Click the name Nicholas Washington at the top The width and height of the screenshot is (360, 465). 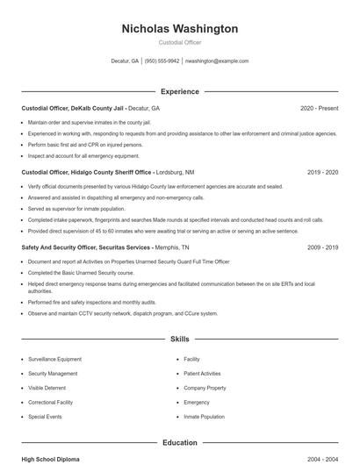click(179, 29)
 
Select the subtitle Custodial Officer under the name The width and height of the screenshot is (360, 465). click(179, 42)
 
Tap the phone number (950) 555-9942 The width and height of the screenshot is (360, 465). click(162, 61)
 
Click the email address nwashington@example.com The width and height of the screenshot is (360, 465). click(217, 61)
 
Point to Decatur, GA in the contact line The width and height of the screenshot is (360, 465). click(125, 61)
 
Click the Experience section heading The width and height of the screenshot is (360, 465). click(179, 91)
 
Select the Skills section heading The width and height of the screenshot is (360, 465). click(179, 338)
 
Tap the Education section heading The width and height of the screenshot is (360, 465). click(179, 443)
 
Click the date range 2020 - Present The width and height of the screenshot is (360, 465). click(319, 108)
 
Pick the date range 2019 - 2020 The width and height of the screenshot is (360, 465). click(322, 173)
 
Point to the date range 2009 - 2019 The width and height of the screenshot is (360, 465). click(322, 247)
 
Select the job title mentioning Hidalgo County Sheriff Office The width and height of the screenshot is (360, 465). click(87, 173)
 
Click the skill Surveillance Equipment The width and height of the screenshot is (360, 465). click(54, 359)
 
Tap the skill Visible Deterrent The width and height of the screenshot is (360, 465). click(47, 388)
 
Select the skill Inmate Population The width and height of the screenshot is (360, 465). click(204, 417)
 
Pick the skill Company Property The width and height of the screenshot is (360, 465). click(205, 388)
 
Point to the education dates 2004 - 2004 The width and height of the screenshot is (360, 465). click(322, 459)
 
